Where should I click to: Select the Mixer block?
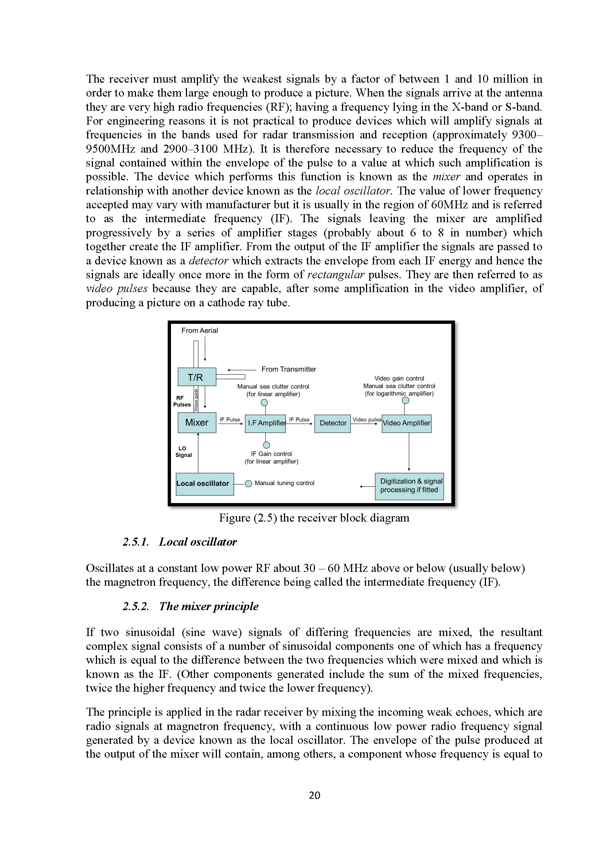[197, 422]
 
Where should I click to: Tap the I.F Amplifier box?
[265, 423]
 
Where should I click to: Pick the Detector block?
[332, 423]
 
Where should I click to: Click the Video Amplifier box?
[406, 423]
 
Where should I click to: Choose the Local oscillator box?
[205, 484]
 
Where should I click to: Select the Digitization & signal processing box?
[409, 486]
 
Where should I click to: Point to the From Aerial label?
[199, 331]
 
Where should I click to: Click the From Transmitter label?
[288, 369]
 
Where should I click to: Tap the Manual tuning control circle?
[249, 483]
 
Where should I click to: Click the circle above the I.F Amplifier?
[264, 403]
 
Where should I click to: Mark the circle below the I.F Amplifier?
[266, 445]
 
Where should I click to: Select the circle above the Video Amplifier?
[405, 400]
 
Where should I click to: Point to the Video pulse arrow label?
[366, 420]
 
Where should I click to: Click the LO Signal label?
[183, 452]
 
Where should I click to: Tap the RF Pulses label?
[182, 401]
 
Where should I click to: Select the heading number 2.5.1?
[136, 542]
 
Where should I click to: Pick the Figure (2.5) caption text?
[314, 518]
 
